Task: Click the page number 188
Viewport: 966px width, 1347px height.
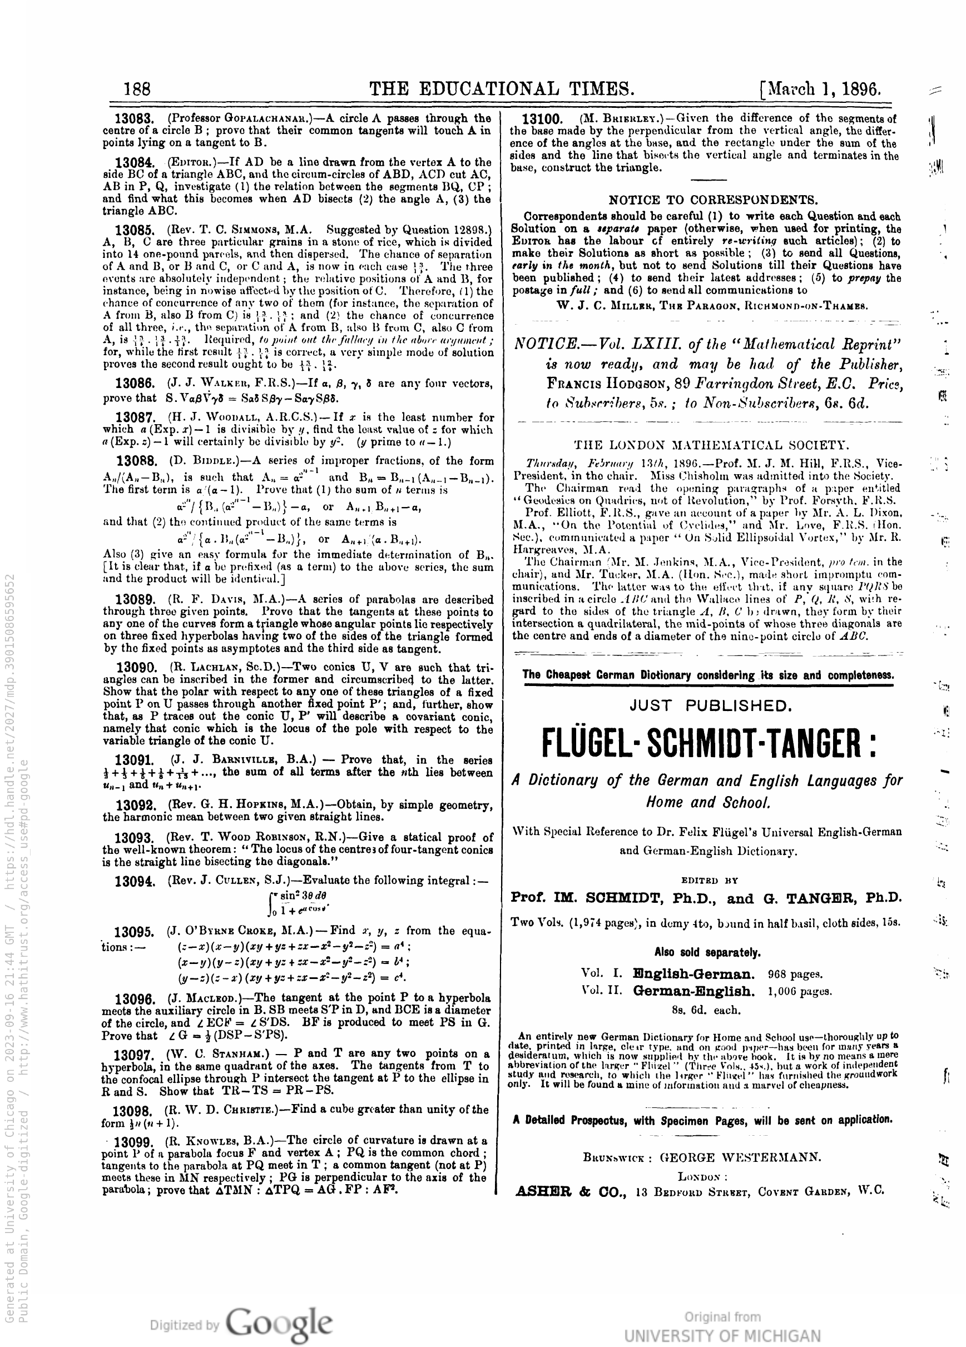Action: tap(137, 89)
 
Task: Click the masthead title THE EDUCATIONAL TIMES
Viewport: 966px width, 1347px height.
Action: tap(502, 89)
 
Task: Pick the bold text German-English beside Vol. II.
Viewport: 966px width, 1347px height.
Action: tap(693, 991)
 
